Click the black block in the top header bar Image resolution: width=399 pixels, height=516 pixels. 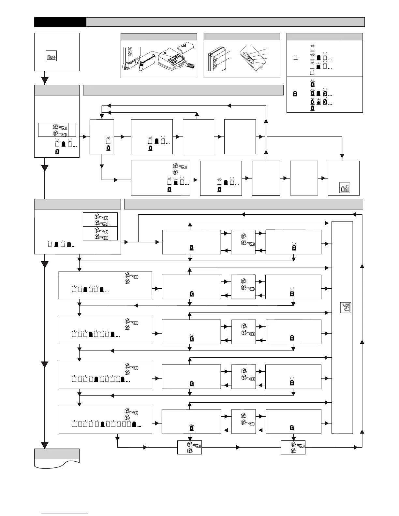tap(60, 22)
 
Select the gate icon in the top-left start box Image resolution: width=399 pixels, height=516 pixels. tap(51, 56)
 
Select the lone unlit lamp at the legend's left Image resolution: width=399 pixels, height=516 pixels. tap(296, 57)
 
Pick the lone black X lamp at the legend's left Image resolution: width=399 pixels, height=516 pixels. tap(295, 94)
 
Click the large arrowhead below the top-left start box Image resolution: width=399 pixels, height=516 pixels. tap(45, 80)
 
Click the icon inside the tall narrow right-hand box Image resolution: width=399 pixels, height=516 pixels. tap(345, 308)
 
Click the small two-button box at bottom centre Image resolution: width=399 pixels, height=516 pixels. tap(189, 448)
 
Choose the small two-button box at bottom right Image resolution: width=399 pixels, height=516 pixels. tap(293, 448)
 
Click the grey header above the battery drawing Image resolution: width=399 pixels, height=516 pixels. tap(159, 36)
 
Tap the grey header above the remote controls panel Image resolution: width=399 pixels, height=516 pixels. tap(242, 36)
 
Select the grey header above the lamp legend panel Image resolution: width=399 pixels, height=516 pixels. tap(324, 36)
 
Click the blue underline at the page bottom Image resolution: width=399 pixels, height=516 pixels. tap(65, 513)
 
